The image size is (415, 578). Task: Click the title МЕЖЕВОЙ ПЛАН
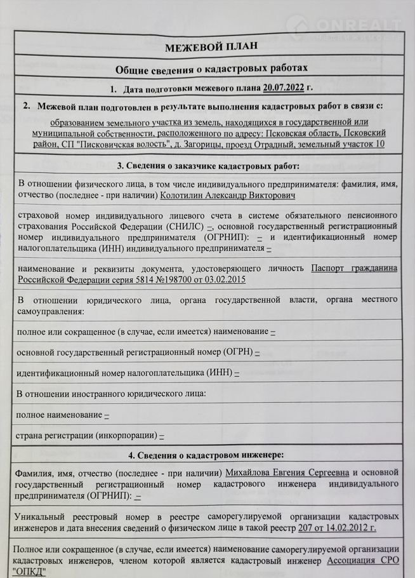[x=208, y=48]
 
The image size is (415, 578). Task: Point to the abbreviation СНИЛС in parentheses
[x=187, y=226]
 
